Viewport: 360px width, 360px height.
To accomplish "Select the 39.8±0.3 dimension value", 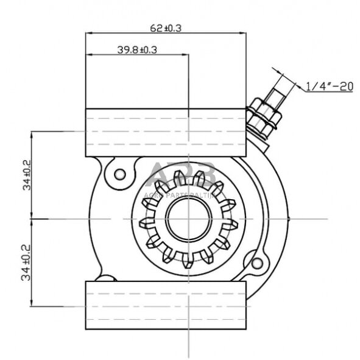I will click(137, 51).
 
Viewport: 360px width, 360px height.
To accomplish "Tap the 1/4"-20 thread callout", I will click(329, 87).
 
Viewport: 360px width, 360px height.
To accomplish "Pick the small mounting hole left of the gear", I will click(120, 174).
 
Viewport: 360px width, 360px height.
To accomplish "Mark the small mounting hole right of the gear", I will click(257, 263).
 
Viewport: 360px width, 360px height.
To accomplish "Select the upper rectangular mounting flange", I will click(166, 131).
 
